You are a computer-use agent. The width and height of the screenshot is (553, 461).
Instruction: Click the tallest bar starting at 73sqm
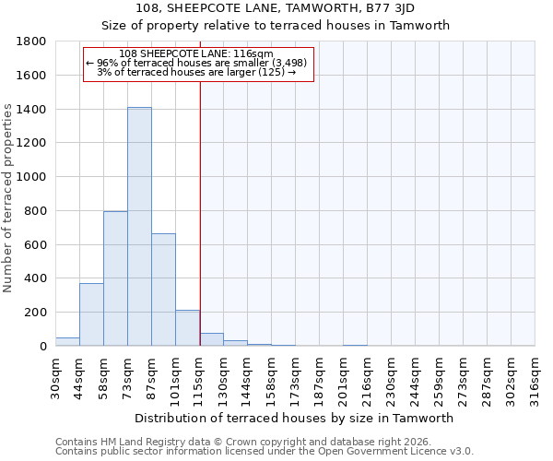(x=139, y=227)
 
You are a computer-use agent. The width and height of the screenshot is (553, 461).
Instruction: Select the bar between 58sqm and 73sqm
(x=115, y=278)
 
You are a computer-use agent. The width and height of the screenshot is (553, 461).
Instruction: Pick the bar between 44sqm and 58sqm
(x=91, y=314)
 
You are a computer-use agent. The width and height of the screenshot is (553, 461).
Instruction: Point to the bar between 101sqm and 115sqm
(x=187, y=328)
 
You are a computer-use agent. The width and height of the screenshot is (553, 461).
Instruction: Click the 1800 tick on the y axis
(x=32, y=41)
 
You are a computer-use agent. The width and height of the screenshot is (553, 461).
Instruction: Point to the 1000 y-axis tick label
(x=32, y=177)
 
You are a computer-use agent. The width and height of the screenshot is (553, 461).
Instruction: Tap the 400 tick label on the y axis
(x=36, y=278)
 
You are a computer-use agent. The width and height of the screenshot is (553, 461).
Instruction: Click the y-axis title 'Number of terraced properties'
(x=8, y=198)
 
